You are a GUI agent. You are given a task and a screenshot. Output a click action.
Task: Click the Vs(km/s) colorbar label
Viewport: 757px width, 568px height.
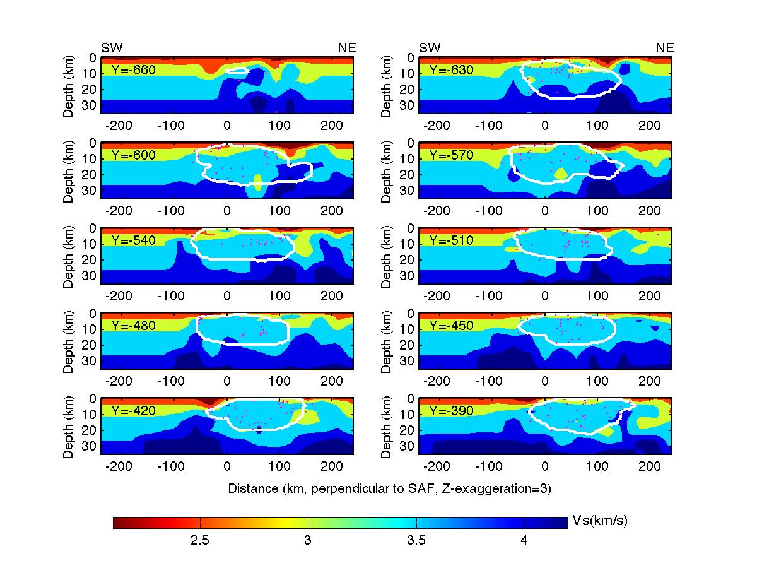[x=599, y=521]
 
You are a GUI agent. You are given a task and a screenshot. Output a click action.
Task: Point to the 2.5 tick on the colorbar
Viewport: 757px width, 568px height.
[x=200, y=541]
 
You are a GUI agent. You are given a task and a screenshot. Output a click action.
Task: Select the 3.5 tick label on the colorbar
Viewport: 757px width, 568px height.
[x=416, y=541]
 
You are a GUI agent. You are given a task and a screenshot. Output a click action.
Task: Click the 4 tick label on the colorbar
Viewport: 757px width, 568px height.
[x=524, y=541]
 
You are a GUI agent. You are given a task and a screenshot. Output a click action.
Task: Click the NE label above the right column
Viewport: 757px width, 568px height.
[x=665, y=48]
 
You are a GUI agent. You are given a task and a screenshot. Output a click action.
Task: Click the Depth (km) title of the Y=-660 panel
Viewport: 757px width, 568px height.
[x=69, y=85]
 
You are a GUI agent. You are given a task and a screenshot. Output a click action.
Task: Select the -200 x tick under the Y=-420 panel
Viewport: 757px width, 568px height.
[x=120, y=468]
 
